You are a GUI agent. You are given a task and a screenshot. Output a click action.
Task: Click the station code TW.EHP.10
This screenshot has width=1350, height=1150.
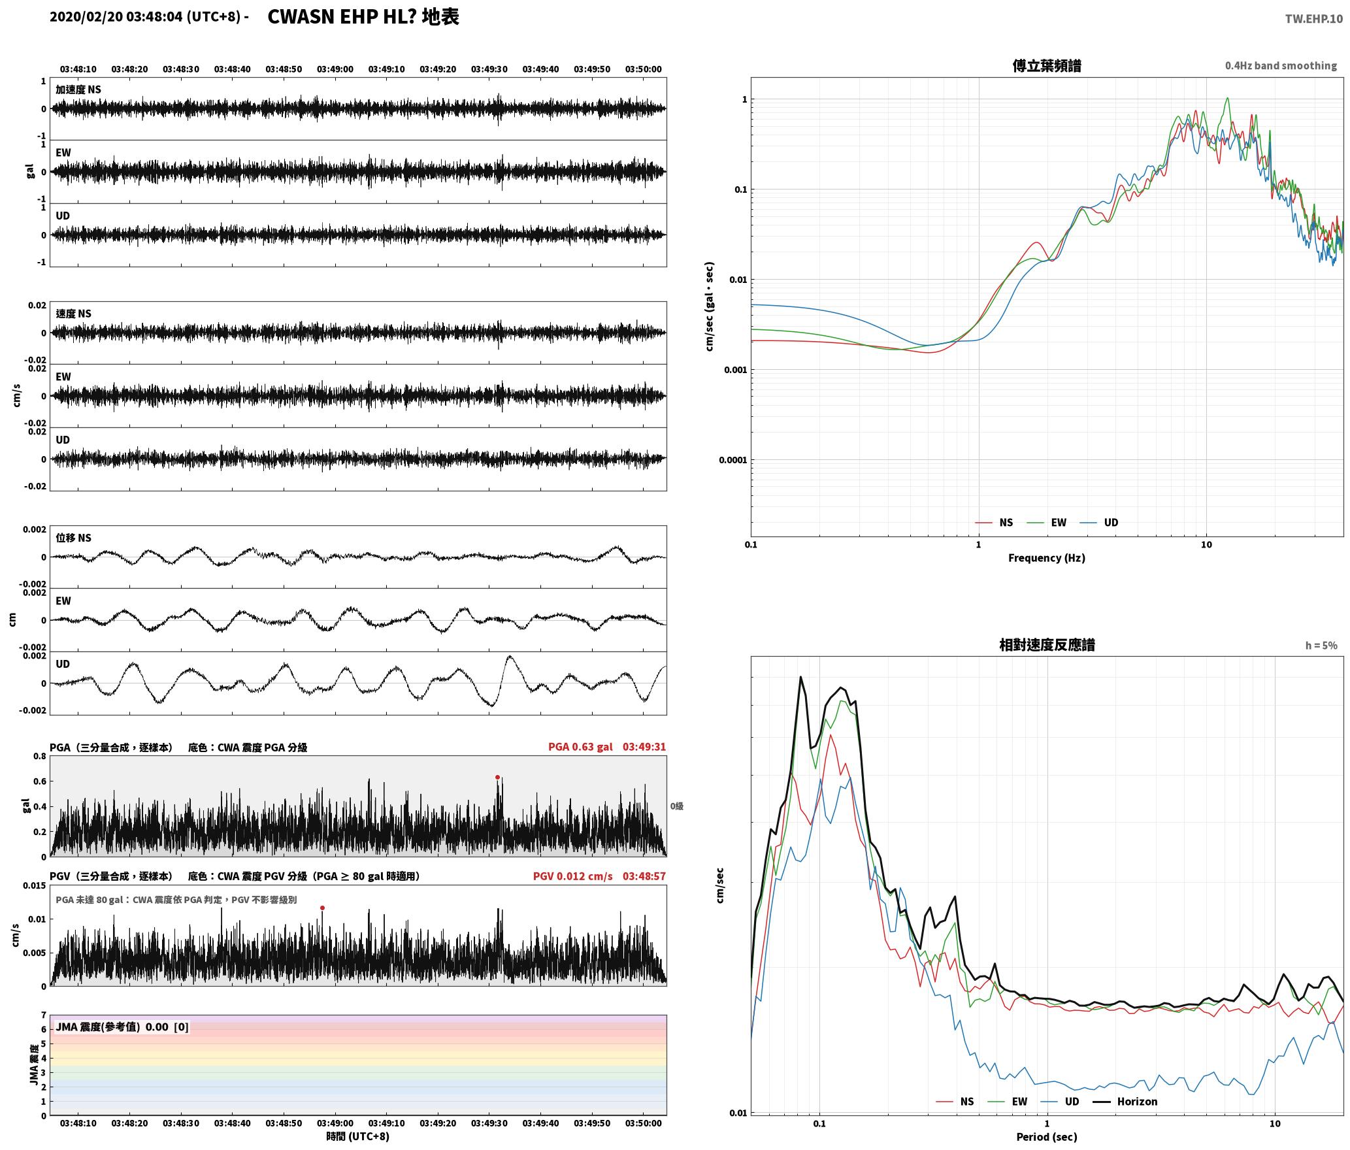coord(1313,19)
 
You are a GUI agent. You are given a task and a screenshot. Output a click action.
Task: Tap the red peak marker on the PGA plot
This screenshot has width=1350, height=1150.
coord(497,778)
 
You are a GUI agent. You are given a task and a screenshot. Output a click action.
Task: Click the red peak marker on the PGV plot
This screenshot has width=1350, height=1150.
coord(322,908)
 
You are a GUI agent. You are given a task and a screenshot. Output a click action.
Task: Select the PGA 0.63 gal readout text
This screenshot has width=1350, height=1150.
coord(580,747)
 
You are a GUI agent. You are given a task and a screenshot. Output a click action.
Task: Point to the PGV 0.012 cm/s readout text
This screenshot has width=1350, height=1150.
coord(572,876)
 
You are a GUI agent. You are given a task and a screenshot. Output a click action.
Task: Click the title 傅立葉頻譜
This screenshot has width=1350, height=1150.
coord(1046,66)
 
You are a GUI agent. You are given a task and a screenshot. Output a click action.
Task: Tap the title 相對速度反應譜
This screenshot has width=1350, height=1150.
coord(1046,645)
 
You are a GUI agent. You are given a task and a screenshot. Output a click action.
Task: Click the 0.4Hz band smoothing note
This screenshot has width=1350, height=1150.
coord(1280,66)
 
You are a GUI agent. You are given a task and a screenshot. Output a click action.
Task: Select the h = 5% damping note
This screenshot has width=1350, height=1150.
coord(1321,646)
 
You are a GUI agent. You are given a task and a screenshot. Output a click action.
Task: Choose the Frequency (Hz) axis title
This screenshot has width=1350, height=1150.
coord(1046,558)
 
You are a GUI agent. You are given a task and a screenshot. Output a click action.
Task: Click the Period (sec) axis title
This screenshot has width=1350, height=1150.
coord(1046,1137)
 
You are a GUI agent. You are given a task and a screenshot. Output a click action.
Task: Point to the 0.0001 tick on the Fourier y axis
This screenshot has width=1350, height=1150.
coord(732,460)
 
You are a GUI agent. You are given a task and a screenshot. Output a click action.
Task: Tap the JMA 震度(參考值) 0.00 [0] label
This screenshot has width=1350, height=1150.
coord(122,1027)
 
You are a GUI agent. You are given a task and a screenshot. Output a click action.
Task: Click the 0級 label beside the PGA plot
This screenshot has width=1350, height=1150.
coord(676,806)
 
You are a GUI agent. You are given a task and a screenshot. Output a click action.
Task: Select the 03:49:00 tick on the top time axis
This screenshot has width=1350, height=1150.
coord(335,69)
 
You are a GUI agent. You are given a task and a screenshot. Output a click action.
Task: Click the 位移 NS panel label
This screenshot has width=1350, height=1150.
coord(73,538)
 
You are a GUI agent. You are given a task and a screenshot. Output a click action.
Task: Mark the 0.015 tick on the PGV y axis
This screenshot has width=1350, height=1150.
coord(35,885)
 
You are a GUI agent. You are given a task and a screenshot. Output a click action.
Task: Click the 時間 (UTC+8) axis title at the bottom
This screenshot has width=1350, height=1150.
coord(357,1136)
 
